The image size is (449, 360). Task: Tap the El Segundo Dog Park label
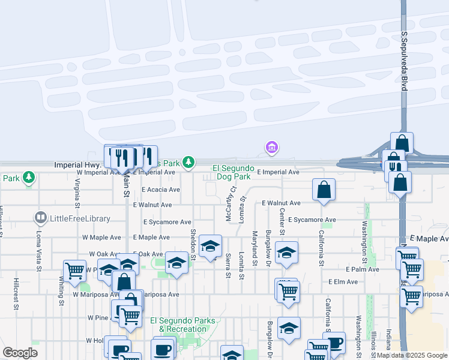click(x=234, y=173)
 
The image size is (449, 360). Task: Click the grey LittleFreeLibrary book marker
click(x=41, y=217)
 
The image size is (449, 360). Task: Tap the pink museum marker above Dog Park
click(x=271, y=146)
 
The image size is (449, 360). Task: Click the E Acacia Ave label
click(x=160, y=190)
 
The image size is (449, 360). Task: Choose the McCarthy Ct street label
click(x=229, y=206)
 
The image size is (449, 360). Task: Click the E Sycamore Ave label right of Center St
click(x=312, y=220)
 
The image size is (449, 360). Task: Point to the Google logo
click(x=20, y=353)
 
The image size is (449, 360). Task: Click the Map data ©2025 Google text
click(x=412, y=356)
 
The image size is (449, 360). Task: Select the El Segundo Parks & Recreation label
click(x=182, y=325)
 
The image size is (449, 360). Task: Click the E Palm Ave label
click(x=362, y=269)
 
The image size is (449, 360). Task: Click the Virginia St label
click(x=77, y=192)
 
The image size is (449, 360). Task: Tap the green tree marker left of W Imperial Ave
click(x=28, y=177)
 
